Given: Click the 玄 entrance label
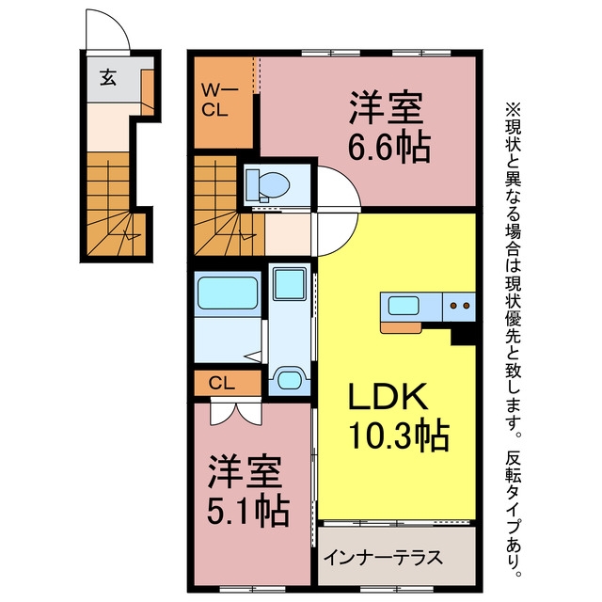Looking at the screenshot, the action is click(x=108, y=78).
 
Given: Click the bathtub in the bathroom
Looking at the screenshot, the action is click(x=228, y=293).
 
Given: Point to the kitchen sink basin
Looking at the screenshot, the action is click(x=403, y=306).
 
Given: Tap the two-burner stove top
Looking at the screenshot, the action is click(x=460, y=306).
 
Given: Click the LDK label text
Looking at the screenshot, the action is click(x=388, y=396).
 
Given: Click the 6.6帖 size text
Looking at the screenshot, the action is click(x=388, y=147).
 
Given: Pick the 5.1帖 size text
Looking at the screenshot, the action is click(x=248, y=511).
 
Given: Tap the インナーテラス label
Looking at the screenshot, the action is click(x=383, y=558).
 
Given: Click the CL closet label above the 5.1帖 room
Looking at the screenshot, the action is click(x=222, y=383).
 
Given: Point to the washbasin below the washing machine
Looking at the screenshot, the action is click(x=290, y=380).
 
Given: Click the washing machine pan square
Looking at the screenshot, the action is click(x=290, y=284).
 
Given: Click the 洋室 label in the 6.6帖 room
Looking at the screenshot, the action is click(x=386, y=108).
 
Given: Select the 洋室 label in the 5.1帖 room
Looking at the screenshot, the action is click(x=245, y=472).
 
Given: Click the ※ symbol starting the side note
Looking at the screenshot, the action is click(x=514, y=109).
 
